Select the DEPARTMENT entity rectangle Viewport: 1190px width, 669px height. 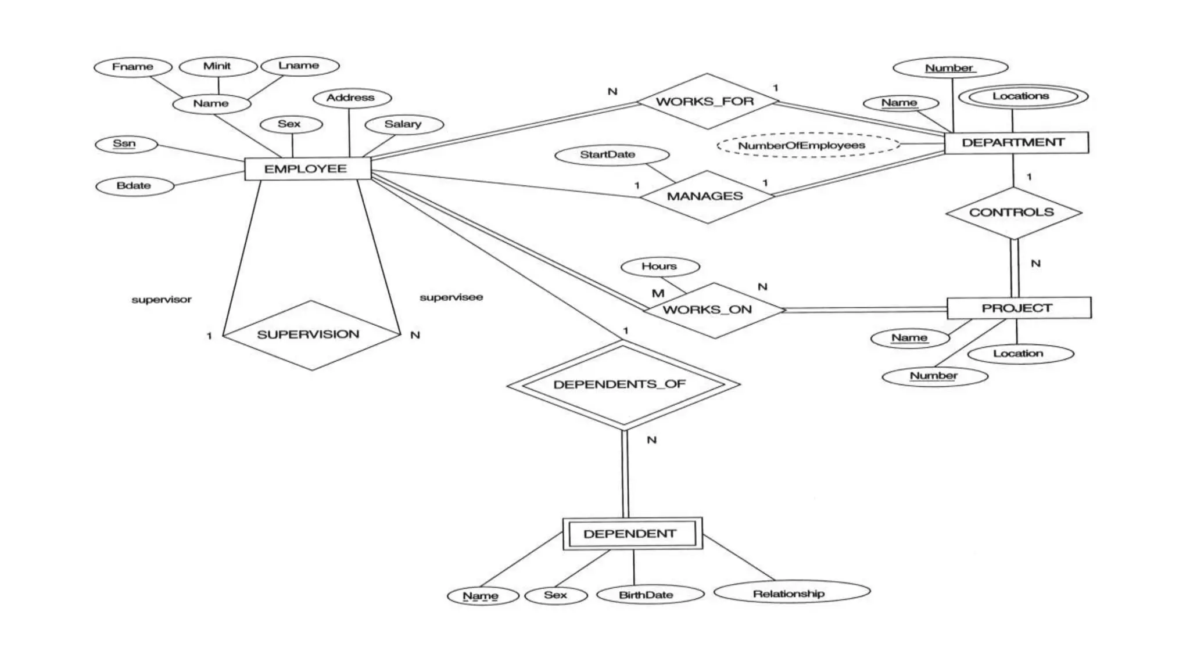(1016, 143)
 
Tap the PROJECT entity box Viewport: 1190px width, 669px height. (1019, 308)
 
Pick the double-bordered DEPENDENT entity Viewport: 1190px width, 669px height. (632, 534)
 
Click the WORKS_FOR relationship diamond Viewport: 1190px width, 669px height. (707, 102)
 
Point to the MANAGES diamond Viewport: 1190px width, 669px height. (706, 196)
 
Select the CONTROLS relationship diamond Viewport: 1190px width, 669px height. (1013, 213)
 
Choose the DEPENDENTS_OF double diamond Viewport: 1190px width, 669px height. (622, 384)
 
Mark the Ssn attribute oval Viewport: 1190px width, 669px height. (126, 144)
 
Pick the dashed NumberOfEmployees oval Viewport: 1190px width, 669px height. (808, 145)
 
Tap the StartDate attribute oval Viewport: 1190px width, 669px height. (611, 154)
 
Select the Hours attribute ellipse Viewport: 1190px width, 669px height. (659, 267)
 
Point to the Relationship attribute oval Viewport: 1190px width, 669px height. (791, 593)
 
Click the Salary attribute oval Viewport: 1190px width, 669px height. (404, 124)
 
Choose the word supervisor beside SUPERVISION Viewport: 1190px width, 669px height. (162, 300)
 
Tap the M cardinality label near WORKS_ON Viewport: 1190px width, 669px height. (658, 294)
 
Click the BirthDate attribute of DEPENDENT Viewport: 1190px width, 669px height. (649, 595)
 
